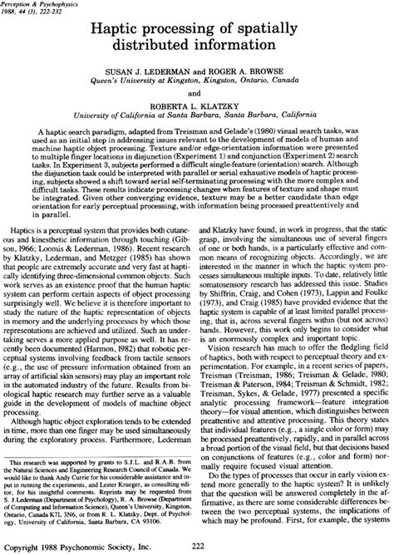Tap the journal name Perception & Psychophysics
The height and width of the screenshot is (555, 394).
click(41, 4)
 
